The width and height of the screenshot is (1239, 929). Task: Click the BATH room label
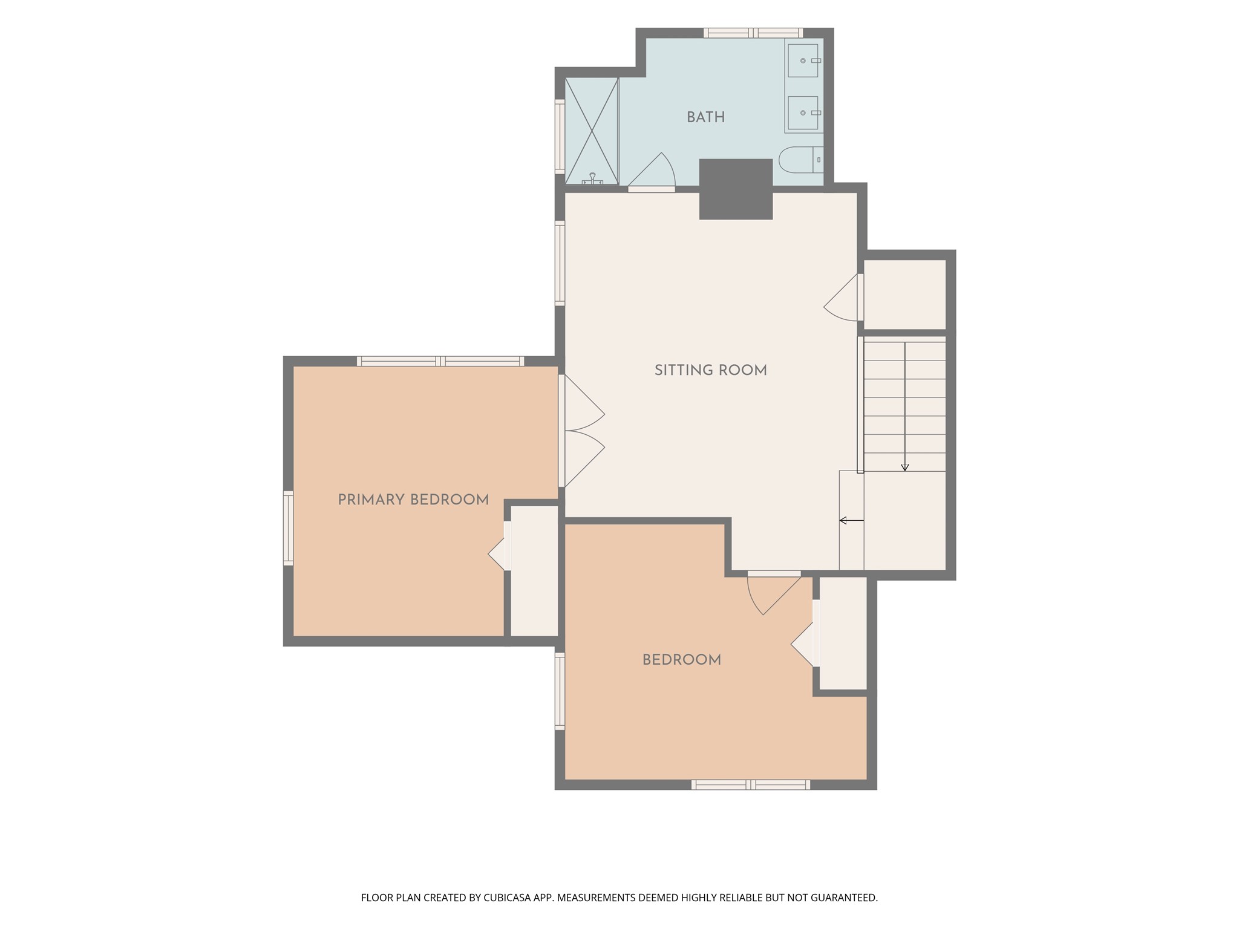click(705, 117)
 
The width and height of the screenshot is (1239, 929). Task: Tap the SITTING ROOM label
click(711, 370)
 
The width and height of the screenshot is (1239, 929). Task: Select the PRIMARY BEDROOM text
click(413, 500)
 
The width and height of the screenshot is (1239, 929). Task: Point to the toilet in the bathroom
click(800, 160)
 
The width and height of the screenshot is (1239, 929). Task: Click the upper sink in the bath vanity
click(803, 60)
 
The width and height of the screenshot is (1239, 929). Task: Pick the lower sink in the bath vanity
click(803, 112)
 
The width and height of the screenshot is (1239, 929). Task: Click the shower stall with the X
click(592, 131)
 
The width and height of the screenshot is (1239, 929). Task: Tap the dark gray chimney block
click(736, 189)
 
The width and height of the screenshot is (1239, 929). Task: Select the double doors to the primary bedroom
click(582, 431)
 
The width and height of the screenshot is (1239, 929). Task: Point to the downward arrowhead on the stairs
click(905, 468)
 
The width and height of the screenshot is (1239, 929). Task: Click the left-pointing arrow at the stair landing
click(851, 520)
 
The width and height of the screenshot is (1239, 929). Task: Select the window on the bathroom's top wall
click(753, 33)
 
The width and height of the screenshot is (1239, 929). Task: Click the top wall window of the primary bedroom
click(440, 361)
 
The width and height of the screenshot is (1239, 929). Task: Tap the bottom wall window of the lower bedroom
click(751, 785)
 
